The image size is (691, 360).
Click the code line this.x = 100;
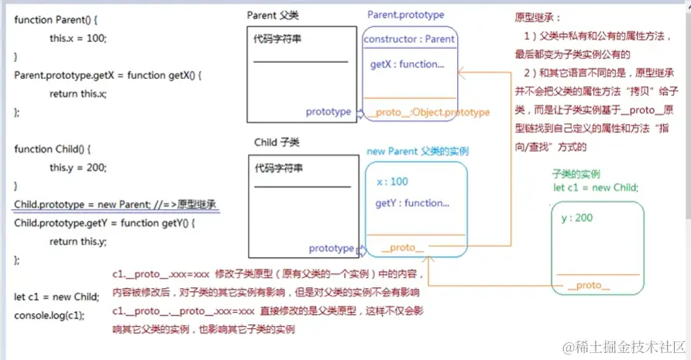pos(78,38)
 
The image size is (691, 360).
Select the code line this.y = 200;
pos(78,167)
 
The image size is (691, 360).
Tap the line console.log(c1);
pos(50,315)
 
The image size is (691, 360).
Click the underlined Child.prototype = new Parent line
pos(115,204)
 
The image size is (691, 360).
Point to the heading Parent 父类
pos(273,15)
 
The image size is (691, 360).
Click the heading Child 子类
pos(277,142)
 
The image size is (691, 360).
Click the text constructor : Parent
pos(409,39)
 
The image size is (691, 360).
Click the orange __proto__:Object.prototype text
pos(428,112)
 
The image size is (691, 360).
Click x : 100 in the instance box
pos(392,181)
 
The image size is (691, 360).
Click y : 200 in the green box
pos(576,218)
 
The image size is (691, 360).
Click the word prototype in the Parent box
pos(328,111)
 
